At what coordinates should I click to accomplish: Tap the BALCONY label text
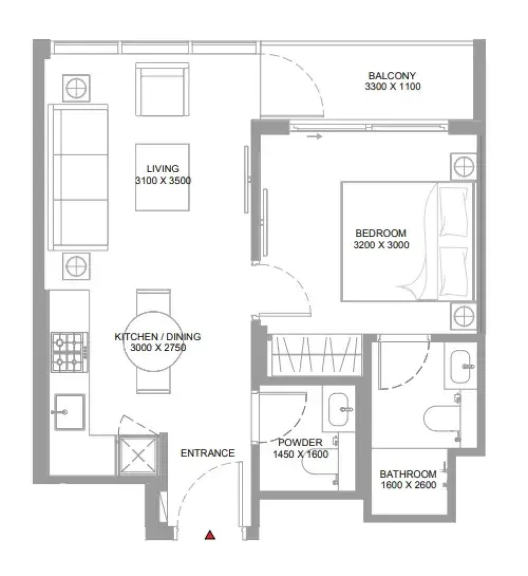(x=392, y=75)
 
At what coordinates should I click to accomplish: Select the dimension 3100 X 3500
(x=163, y=180)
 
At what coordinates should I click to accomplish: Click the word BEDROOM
(x=381, y=233)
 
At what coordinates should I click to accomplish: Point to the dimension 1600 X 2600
(x=408, y=485)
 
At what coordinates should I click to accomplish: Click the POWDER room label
(x=300, y=442)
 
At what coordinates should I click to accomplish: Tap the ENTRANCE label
(x=207, y=453)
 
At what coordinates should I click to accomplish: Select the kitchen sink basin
(x=70, y=412)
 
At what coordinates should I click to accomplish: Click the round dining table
(x=153, y=341)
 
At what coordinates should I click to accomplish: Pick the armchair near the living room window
(x=162, y=89)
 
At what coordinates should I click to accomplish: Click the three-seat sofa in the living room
(x=78, y=177)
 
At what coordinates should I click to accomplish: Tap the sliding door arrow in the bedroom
(x=314, y=137)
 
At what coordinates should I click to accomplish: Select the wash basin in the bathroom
(x=460, y=366)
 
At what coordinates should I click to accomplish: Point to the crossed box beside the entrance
(x=138, y=455)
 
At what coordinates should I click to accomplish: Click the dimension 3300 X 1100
(x=392, y=86)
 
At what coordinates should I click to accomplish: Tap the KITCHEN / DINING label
(x=158, y=337)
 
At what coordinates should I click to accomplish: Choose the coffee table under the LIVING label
(x=162, y=177)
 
